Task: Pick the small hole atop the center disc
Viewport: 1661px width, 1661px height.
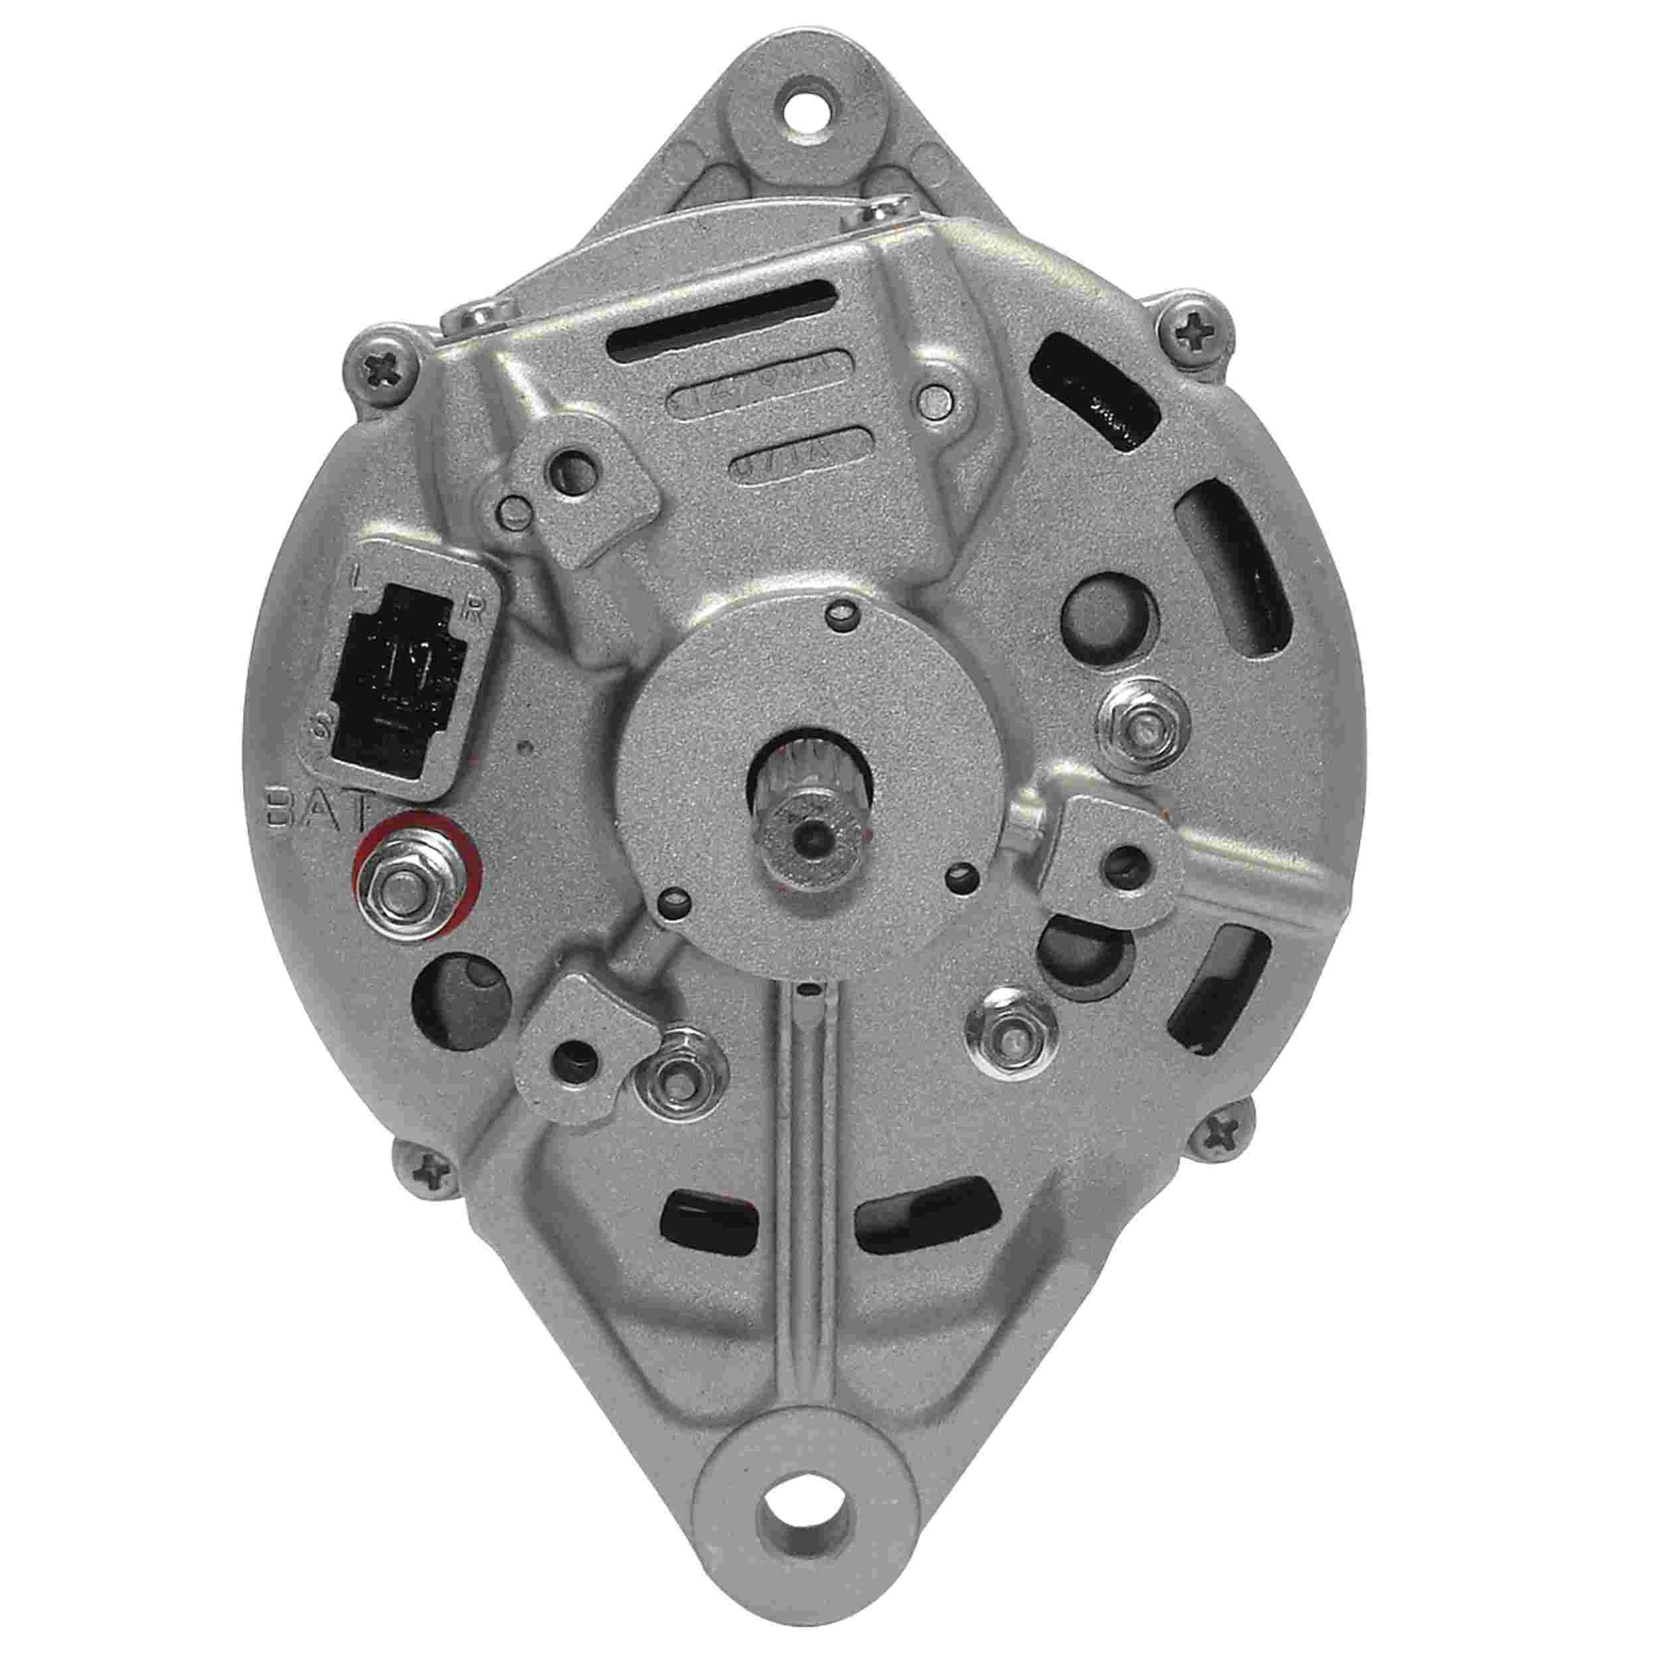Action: tap(841, 612)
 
